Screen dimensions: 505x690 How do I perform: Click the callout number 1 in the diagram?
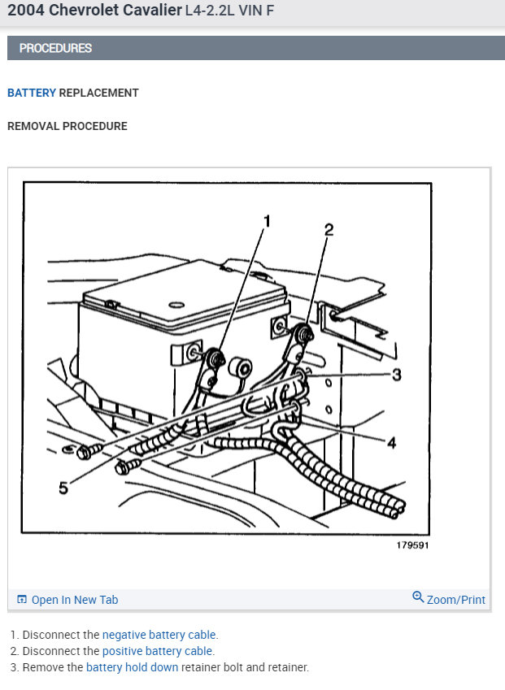point(267,221)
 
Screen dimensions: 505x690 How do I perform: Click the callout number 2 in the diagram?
point(329,230)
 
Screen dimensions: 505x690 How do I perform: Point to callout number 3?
point(397,375)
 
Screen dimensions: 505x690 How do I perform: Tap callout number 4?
point(391,442)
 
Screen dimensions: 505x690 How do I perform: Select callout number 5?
point(63,488)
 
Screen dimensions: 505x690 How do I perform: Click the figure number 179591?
point(412,545)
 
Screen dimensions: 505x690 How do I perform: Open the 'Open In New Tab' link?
point(75,600)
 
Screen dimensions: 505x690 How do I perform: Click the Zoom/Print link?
point(455,600)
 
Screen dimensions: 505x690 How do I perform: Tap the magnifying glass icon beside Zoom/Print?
point(418,597)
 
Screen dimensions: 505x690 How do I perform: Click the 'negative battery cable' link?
point(159,635)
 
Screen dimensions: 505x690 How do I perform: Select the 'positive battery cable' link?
point(157,651)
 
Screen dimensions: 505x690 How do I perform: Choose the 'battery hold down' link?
point(132,667)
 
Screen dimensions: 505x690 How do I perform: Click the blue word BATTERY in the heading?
point(32,93)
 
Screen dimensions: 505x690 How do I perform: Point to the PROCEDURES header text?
point(55,48)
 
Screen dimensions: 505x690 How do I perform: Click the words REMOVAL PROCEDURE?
point(67,126)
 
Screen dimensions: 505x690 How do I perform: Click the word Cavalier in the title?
point(152,10)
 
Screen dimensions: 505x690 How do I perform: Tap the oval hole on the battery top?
point(176,305)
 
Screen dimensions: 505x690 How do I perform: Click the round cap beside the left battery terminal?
point(241,367)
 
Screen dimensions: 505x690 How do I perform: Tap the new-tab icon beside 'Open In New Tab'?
point(22,599)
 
